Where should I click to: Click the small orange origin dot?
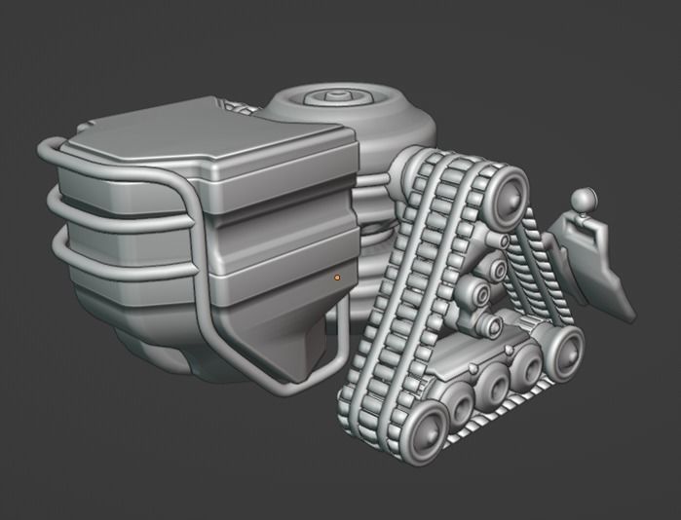point(337,278)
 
